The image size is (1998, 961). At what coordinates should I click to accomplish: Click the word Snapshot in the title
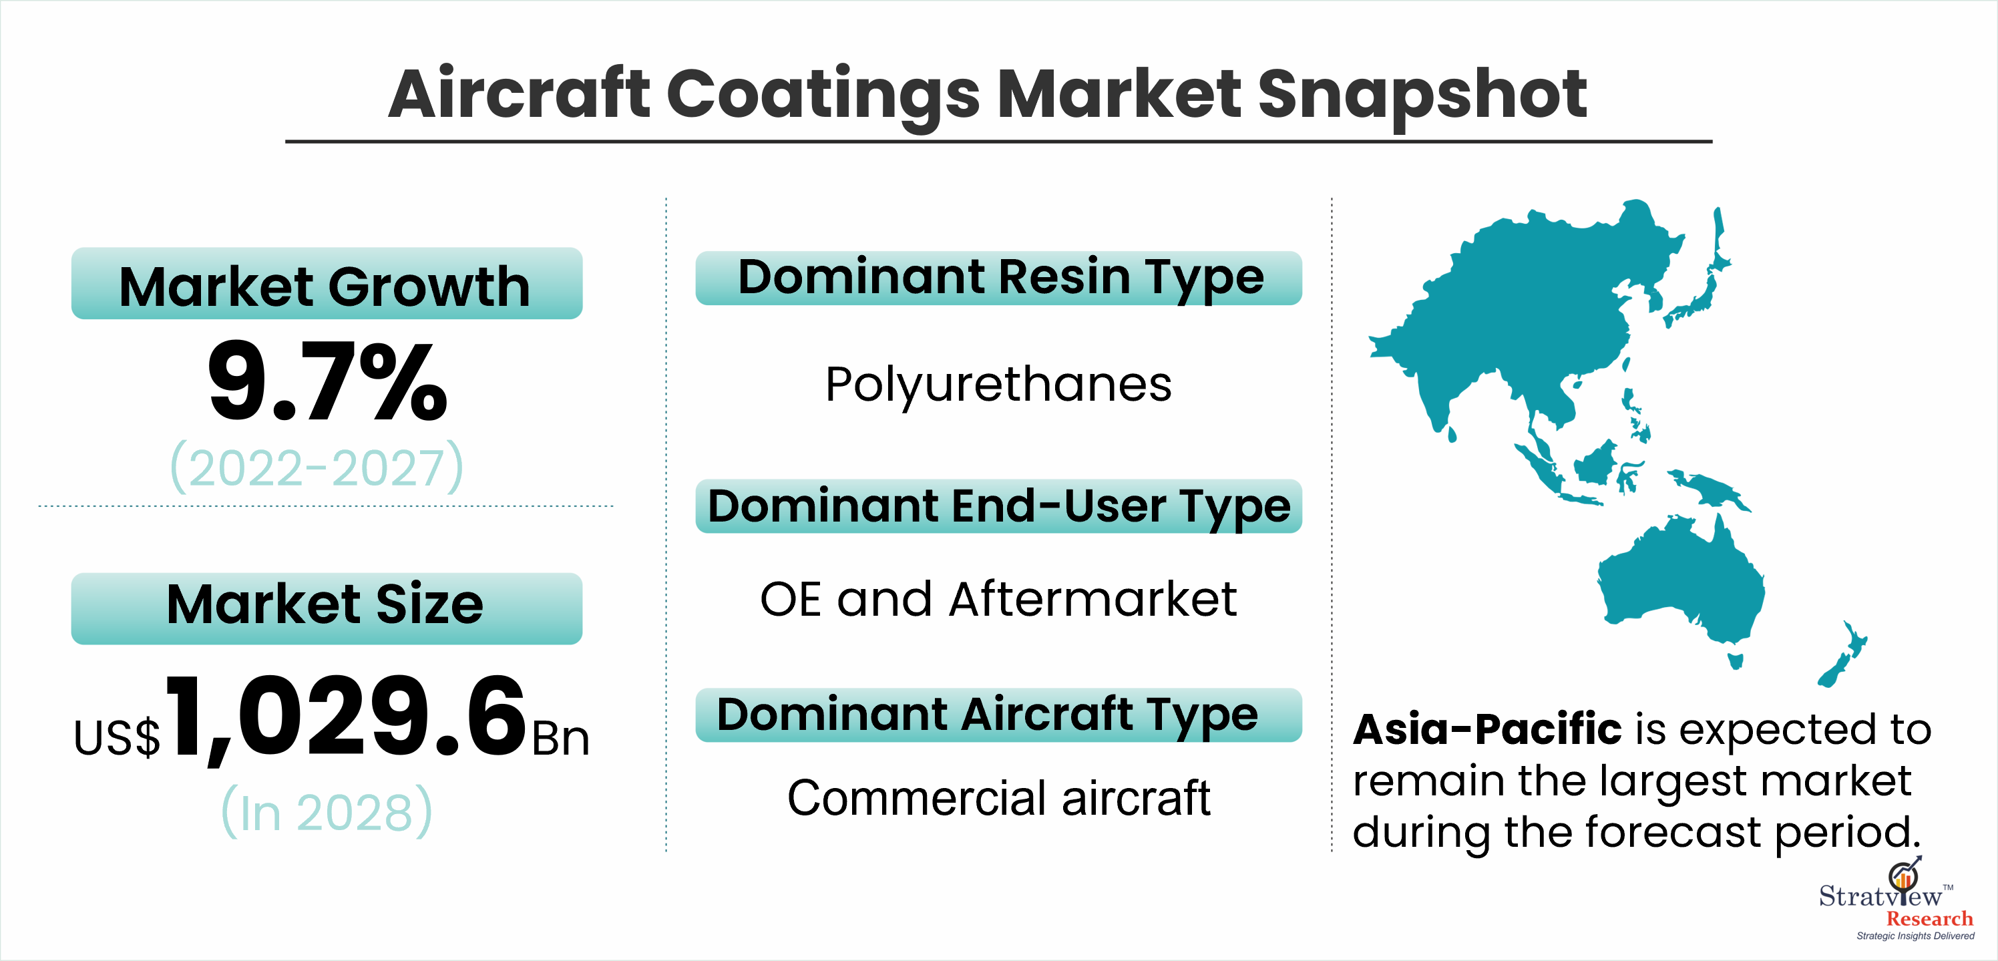click(1422, 95)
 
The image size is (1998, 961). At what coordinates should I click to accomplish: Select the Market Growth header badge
click(327, 284)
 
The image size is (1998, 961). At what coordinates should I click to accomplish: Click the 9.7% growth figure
click(327, 381)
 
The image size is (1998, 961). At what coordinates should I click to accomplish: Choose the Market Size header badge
click(327, 608)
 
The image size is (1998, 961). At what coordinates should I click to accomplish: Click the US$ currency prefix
click(116, 738)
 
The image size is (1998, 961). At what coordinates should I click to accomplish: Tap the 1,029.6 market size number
click(346, 717)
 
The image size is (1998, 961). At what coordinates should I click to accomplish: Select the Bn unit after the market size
click(560, 739)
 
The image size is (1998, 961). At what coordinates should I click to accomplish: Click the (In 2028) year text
click(327, 812)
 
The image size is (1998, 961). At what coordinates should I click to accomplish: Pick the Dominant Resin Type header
click(999, 278)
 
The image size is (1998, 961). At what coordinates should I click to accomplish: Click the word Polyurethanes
click(998, 385)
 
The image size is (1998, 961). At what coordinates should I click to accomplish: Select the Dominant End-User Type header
click(999, 506)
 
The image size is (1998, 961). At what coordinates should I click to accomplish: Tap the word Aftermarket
click(1093, 600)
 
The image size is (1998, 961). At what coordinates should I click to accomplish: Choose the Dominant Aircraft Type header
click(999, 715)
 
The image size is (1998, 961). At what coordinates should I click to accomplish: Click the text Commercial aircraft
click(999, 797)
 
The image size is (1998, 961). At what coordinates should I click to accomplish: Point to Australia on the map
click(1683, 586)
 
